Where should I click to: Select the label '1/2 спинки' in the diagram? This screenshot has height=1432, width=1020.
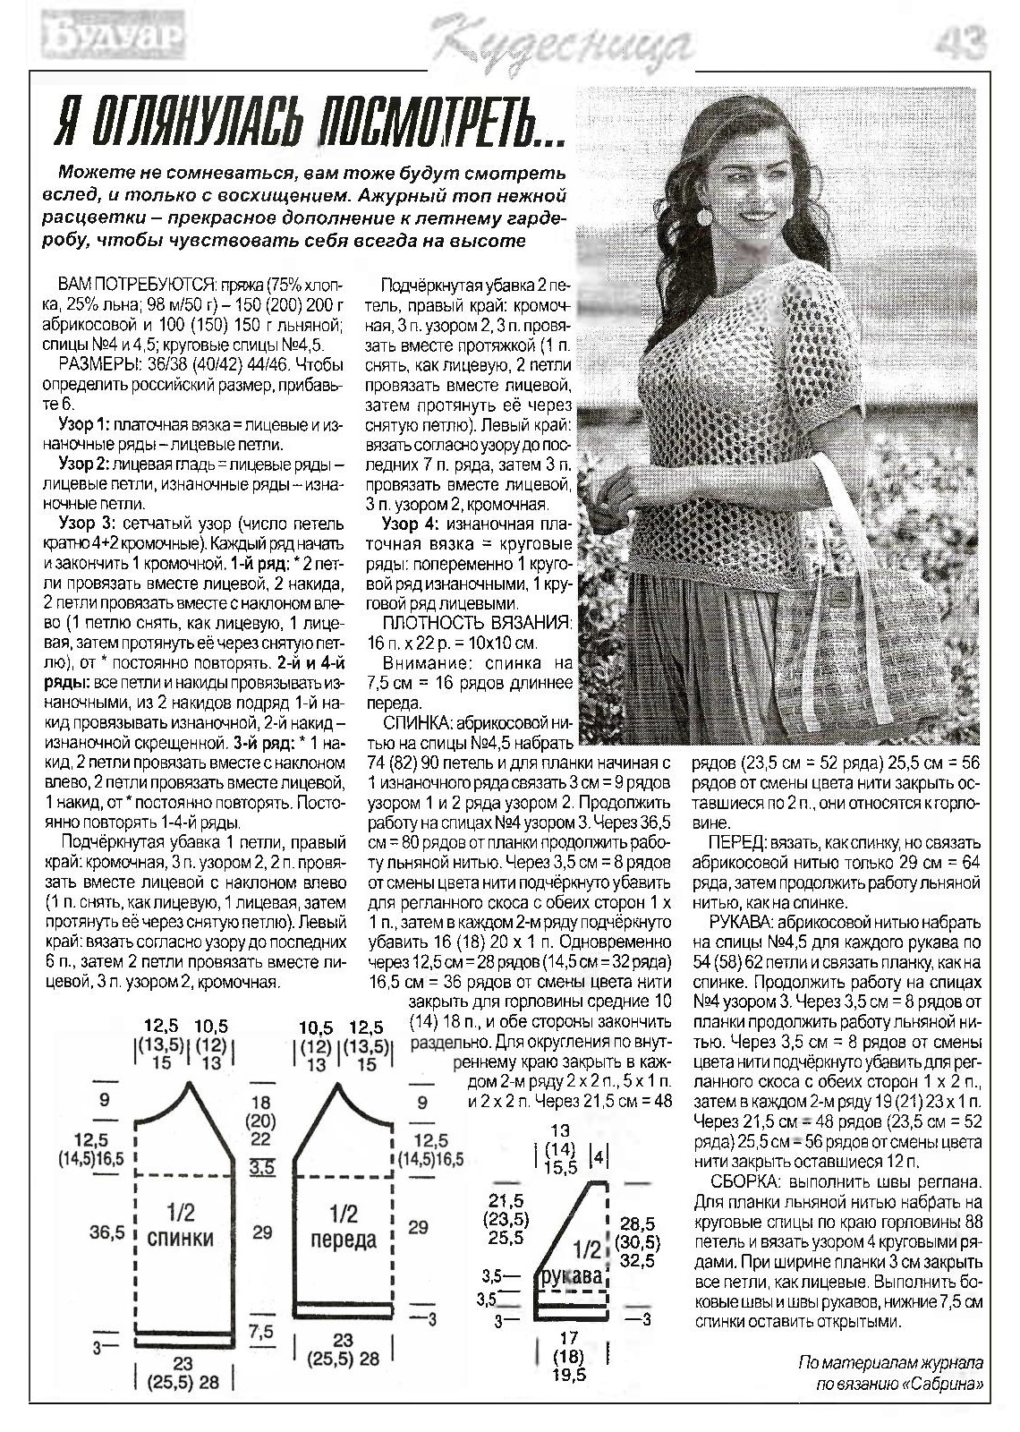click(180, 1225)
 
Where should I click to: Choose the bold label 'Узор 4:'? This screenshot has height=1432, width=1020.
click(411, 524)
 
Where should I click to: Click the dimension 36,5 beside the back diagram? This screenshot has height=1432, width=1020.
click(106, 1232)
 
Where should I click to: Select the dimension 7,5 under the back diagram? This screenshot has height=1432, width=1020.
click(260, 1332)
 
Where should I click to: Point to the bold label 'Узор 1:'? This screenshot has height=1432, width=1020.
click(83, 422)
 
